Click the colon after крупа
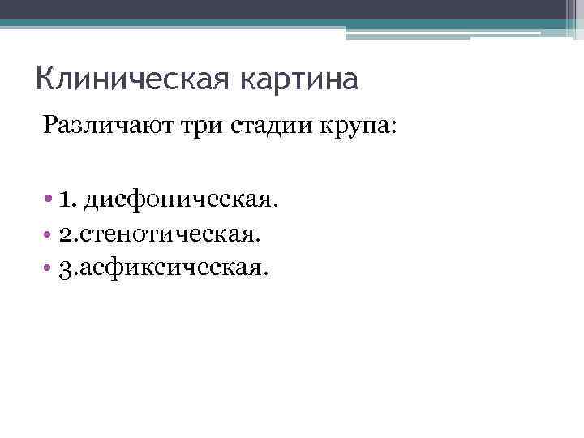pyautogui.click(x=385, y=129)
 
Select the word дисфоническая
pyautogui.click(x=179, y=199)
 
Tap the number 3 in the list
pyautogui.click(x=65, y=268)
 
